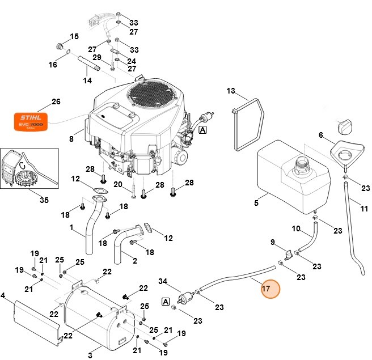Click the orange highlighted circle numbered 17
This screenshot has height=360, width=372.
270,290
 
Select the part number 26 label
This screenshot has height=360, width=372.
56,102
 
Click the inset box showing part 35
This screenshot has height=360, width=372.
30,168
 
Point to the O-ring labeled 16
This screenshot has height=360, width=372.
66,55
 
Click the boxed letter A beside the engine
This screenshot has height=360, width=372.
202,130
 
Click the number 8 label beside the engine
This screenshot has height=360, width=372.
71,138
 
